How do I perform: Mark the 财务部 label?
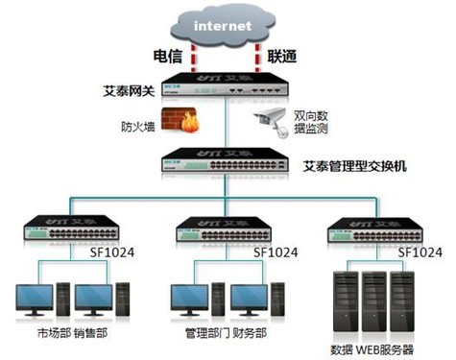pyautogui.click(x=248, y=335)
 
